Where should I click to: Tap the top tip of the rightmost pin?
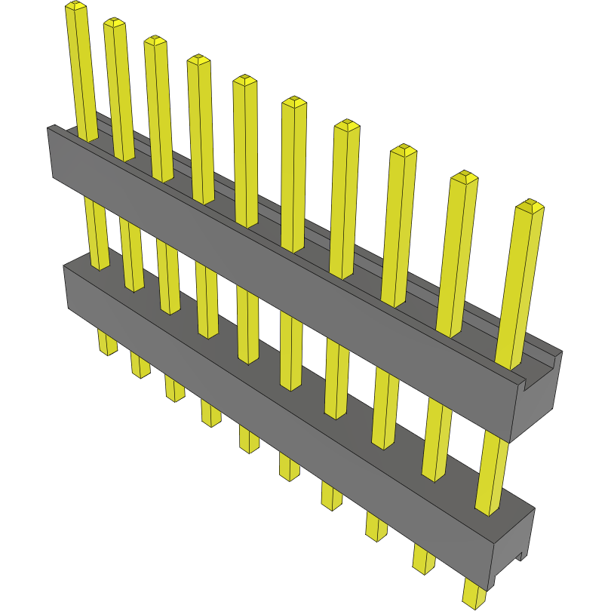(x=531, y=205)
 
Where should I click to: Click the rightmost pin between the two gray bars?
(x=492, y=471)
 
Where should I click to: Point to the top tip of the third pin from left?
(x=155, y=40)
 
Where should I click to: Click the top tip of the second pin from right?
(x=465, y=178)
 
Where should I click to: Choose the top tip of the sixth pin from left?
(x=293, y=102)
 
